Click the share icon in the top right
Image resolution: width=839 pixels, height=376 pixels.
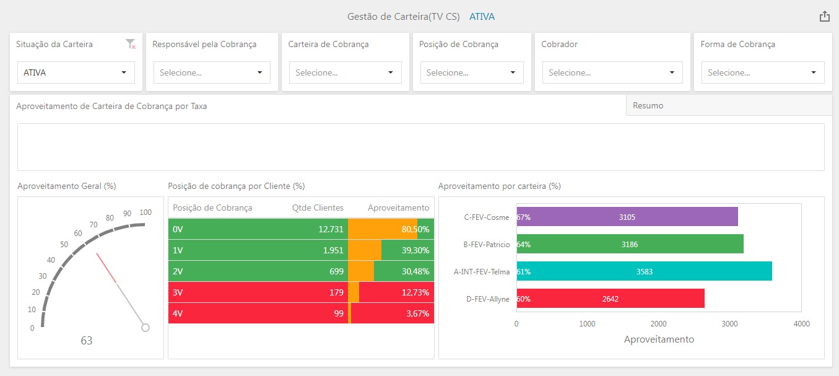[x=824, y=17]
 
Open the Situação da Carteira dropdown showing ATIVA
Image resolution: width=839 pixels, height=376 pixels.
[x=76, y=72]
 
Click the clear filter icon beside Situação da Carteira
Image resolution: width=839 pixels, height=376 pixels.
[x=130, y=44]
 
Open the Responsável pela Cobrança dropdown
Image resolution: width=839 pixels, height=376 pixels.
[x=212, y=72]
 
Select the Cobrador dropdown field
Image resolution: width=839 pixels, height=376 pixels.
[x=612, y=72]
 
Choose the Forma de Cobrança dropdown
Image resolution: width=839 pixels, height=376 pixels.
[x=762, y=72]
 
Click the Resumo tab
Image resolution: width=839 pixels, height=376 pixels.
[x=648, y=106]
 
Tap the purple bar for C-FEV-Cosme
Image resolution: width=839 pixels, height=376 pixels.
[x=627, y=217]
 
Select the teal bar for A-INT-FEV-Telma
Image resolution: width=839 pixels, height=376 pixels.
[x=644, y=271]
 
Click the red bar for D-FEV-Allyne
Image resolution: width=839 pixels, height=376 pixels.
[x=610, y=299]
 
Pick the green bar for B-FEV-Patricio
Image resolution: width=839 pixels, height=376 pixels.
[x=630, y=244]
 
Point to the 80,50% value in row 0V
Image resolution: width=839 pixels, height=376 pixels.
[x=415, y=229]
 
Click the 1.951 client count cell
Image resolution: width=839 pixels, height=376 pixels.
[x=331, y=250]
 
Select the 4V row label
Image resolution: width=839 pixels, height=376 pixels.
[x=178, y=313]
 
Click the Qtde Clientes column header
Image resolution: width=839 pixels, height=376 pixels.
[x=318, y=208]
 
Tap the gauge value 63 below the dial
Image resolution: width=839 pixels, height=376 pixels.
[x=87, y=341]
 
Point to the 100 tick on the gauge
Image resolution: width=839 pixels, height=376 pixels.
[x=146, y=212]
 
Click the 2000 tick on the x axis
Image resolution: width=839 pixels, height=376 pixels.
[x=659, y=324]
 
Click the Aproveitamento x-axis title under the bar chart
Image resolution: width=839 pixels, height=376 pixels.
[x=659, y=339]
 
